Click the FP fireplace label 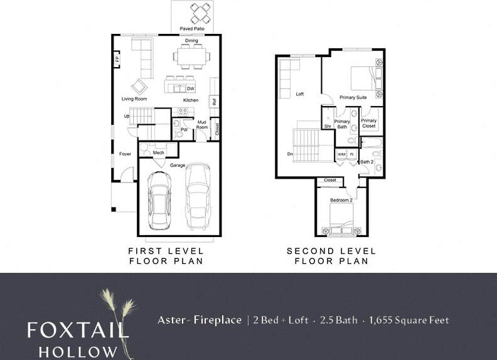pyautogui.click(x=117, y=60)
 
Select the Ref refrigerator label pyautogui.click(x=214, y=101)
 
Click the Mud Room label pyautogui.click(x=202, y=124)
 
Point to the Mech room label pyautogui.click(x=158, y=152)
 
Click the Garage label pyautogui.click(x=178, y=165)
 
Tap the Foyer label pyautogui.click(x=126, y=154)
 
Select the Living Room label pyautogui.click(x=134, y=99)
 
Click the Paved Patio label pyautogui.click(x=192, y=29)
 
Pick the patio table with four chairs pyautogui.click(x=201, y=13)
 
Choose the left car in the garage pyautogui.click(x=158, y=200)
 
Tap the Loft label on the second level pyautogui.click(x=300, y=94)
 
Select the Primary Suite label pyautogui.click(x=353, y=98)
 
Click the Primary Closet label pyautogui.click(x=369, y=123)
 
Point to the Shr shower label pyautogui.click(x=328, y=126)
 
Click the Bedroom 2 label pyautogui.click(x=342, y=200)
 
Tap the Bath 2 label pyautogui.click(x=366, y=162)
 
